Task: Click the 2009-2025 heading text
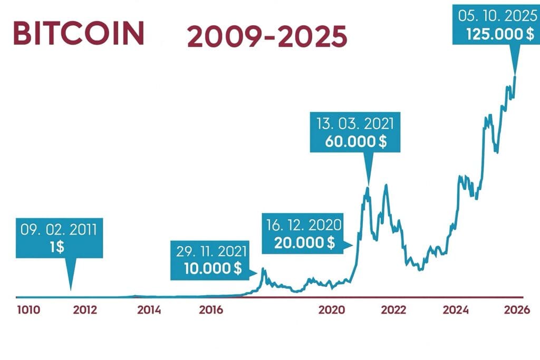pos(267,38)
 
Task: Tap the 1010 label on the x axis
pos(28,310)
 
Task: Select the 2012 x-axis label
pos(85,310)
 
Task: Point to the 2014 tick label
pos(149,310)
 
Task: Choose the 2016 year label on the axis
pos(211,310)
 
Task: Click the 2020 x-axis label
pos(331,310)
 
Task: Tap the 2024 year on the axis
pos(456,310)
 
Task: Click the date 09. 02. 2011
pos(59,229)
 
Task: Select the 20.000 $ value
pos(304,242)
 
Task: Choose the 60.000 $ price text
pos(355,141)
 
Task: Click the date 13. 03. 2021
pos(355,124)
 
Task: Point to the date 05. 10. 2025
pos(496,16)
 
